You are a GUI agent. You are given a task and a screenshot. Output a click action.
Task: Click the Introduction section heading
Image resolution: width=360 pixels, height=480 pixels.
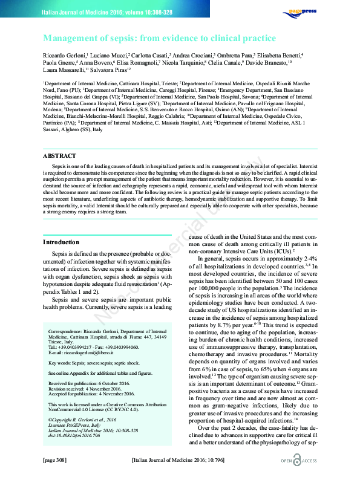pos(61,242)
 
